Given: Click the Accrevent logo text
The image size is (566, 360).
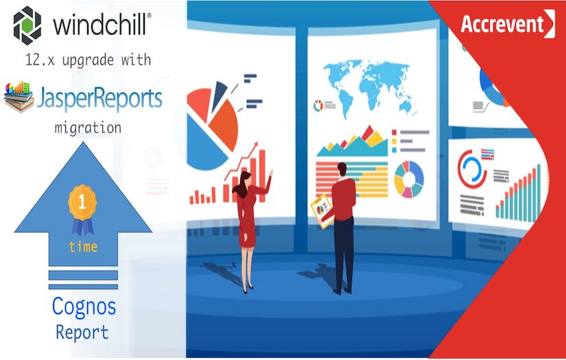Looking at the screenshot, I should pyautogui.click(x=502, y=24).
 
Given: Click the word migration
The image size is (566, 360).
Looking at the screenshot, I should pyautogui.click(x=87, y=128).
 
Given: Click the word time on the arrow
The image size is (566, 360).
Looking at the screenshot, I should pyautogui.click(x=83, y=247).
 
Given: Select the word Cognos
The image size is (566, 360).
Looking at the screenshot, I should pyautogui.click(x=84, y=306).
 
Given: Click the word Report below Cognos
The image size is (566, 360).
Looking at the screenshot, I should pyautogui.click(x=82, y=333).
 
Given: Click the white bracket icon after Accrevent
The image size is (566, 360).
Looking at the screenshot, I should pyautogui.click(x=550, y=24).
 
